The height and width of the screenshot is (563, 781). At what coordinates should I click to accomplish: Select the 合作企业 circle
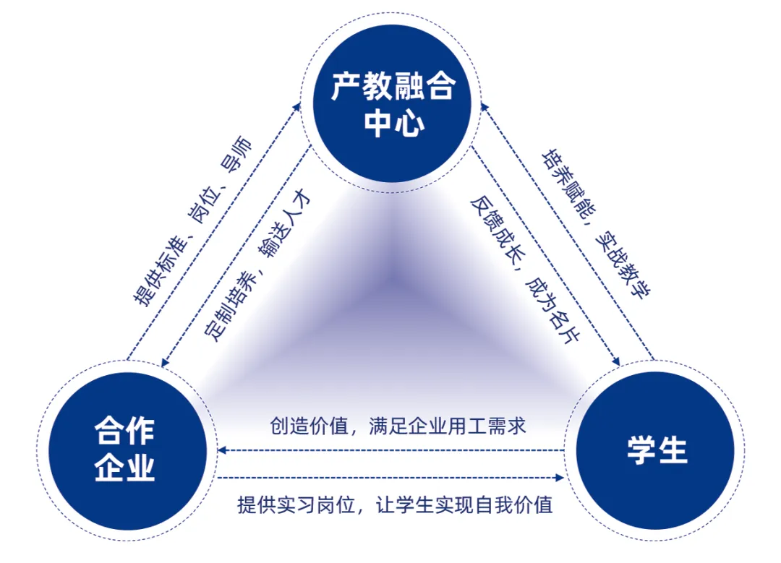point(124,450)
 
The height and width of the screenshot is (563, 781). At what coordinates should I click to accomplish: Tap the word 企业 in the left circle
point(124,469)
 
